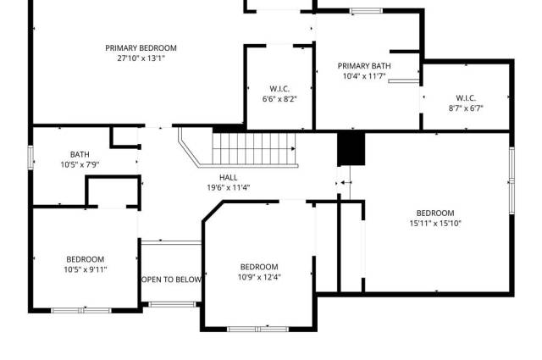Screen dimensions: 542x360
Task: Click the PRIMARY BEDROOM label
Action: (x=141, y=48)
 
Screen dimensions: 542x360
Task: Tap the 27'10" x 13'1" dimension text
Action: (x=141, y=58)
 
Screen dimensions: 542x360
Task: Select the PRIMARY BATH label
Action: (x=364, y=66)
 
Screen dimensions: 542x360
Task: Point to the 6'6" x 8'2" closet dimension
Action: (x=279, y=99)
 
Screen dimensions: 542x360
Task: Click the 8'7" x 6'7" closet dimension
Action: (x=466, y=108)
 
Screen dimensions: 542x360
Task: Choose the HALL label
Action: (x=228, y=178)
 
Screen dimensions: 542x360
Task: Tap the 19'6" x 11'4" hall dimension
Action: (x=228, y=188)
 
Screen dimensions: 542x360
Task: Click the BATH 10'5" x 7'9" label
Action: (x=80, y=159)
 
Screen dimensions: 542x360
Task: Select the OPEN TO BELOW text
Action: (x=171, y=280)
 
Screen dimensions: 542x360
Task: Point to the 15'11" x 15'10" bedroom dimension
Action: (x=435, y=224)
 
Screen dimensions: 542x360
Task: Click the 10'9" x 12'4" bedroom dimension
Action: (x=259, y=277)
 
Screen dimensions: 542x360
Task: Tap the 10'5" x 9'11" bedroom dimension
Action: (x=86, y=269)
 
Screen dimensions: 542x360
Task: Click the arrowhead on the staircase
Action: (x=294, y=149)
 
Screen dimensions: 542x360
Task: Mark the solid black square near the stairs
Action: (x=351, y=149)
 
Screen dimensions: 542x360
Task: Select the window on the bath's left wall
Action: (x=30, y=158)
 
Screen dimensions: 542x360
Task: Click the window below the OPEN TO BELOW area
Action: (x=172, y=304)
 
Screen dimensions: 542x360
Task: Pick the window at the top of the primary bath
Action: (x=366, y=11)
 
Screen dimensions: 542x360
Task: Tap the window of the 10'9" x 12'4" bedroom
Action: (x=257, y=329)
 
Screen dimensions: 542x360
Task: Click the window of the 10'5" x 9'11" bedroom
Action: (x=81, y=311)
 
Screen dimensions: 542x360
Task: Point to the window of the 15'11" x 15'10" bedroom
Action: (x=512, y=180)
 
